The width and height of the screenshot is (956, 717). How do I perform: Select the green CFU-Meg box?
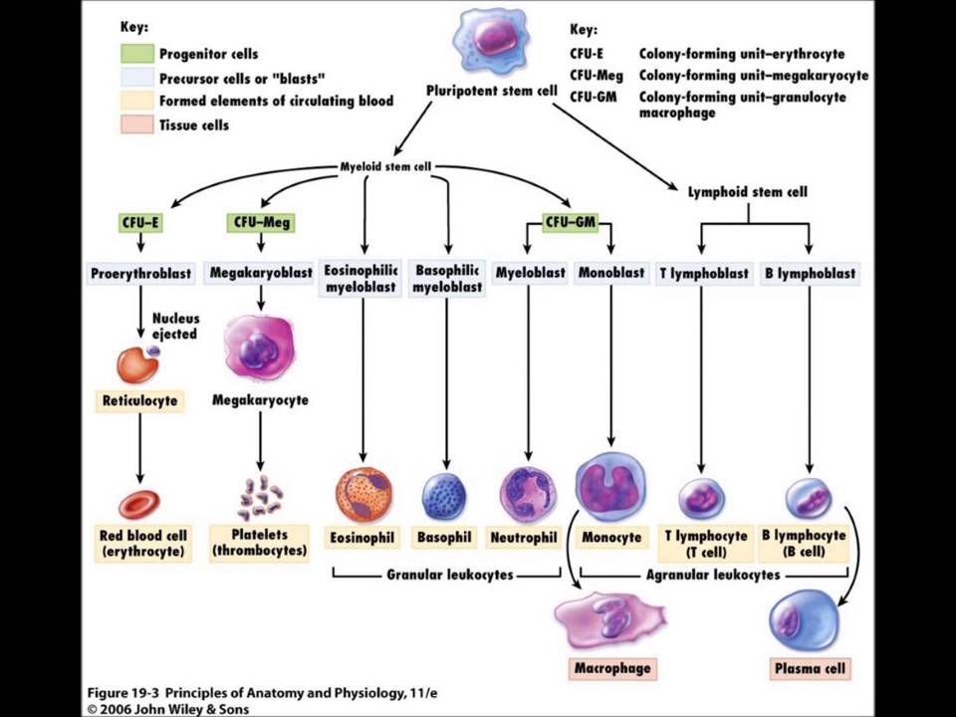(x=260, y=223)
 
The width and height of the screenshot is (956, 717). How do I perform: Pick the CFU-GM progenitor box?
(x=570, y=223)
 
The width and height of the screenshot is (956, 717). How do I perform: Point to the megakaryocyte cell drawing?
(x=260, y=349)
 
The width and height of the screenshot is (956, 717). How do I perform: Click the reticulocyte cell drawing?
(x=137, y=364)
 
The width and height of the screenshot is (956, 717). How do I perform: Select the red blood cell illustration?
(x=139, y=503)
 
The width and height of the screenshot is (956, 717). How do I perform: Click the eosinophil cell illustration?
(x=362, y=495)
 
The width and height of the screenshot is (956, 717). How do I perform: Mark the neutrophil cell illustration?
(x=527, y=494)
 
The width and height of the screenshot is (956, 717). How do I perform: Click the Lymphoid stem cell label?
(x=747, y=191)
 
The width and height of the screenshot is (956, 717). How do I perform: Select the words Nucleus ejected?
(x=175, y=327)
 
